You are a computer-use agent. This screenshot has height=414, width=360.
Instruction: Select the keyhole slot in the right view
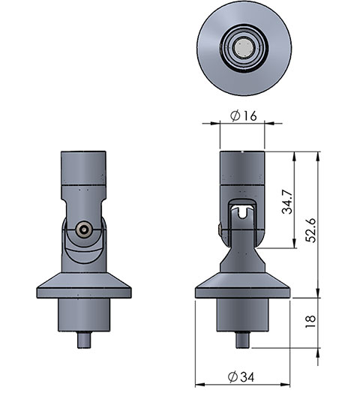pos(241,211)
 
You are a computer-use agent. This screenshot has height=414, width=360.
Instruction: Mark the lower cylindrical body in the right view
pos(241,315)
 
